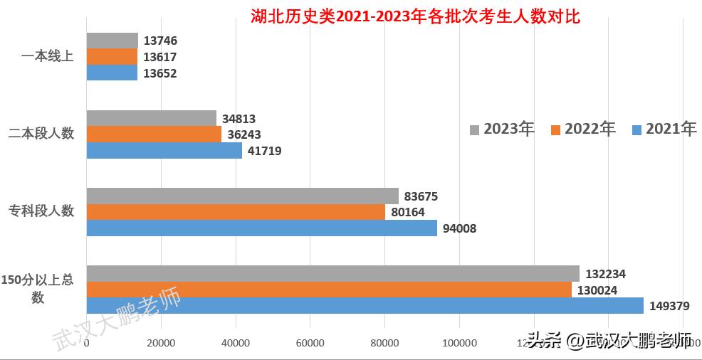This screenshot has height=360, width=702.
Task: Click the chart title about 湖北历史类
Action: (x=416, y=16)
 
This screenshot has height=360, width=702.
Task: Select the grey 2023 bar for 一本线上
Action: (x=112, y=41)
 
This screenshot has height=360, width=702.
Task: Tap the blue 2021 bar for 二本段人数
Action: (x=164, y=151)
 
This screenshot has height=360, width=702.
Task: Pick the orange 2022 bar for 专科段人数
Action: (x=236, y=212)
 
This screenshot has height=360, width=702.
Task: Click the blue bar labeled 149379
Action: (x=365, y=306)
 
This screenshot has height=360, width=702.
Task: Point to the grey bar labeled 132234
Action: (x=332, y=274)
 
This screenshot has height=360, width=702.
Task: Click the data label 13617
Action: (x=159, y=57)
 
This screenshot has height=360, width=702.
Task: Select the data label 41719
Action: (x=265, y=151)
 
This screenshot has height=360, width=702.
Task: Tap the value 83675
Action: (x=421, y=196)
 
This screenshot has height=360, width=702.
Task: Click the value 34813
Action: (x=239, y=119)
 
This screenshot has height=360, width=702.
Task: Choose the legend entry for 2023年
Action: (x=502, y=129)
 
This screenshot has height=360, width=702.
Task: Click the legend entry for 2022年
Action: (x=583, y=129)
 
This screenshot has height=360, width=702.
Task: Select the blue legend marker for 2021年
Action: (x=636, y=129)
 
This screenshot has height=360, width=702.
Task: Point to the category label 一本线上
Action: (x=48, y=56)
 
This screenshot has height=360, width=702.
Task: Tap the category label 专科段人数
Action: (x=41, y=211)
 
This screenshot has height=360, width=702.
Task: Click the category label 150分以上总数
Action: (x=38, y=289)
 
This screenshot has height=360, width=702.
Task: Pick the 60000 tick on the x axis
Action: (x=310, y=344)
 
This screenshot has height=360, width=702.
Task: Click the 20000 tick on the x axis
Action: (x=161, y=344)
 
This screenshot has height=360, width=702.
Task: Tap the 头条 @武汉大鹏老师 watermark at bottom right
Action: (x=609, y=342)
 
